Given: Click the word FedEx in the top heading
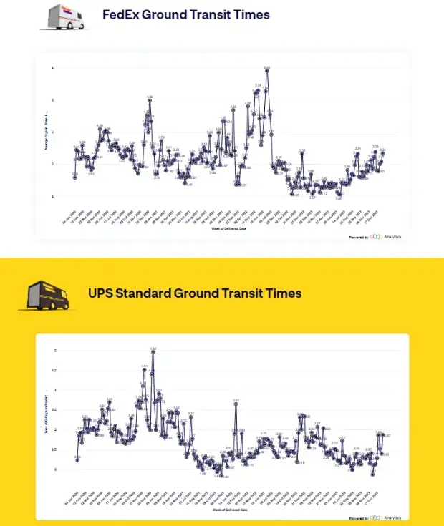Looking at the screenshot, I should (x=121, y=14).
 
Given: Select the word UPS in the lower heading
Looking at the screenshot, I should (x=102, y=293).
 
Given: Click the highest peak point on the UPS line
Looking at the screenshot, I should (x=153, y=351).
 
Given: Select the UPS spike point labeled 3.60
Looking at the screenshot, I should (x=236, y=403).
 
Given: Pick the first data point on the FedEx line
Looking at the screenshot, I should (x=74, y=177).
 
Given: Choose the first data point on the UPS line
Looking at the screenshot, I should (x=77, y=459).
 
